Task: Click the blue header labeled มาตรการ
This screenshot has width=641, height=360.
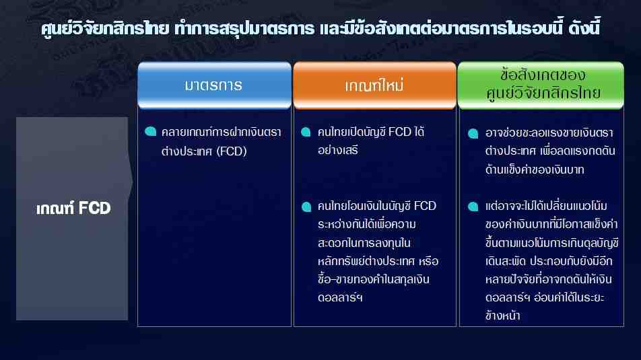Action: (214, 85)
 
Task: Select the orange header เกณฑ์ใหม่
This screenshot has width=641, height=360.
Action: (374, 85)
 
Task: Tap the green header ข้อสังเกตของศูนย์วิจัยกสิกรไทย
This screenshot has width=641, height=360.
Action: (541, 85)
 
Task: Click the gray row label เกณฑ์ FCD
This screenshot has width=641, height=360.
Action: (73, 209)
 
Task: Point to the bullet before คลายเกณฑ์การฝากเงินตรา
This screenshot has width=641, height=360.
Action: (150, 132)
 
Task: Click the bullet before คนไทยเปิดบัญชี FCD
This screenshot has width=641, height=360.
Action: (306, 132)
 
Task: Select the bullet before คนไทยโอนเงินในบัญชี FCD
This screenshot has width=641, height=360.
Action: (306, 207)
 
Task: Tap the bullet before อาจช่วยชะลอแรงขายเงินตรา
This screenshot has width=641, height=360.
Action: (473, 134)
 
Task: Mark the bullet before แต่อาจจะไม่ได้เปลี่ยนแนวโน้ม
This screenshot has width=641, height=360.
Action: (473, 207)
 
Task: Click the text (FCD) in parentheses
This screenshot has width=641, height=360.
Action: (232, 151)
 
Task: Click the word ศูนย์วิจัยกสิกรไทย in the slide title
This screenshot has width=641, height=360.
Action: (105, 29)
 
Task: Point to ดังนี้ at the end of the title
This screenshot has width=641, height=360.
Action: (584, 28)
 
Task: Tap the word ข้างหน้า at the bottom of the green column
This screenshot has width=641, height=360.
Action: (502, 316)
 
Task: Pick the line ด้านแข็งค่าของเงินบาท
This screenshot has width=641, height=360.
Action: (535, 169)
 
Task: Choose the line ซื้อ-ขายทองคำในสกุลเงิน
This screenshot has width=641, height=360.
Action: (374, 279)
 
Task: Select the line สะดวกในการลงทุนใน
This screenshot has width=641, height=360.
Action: (364, 243)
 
